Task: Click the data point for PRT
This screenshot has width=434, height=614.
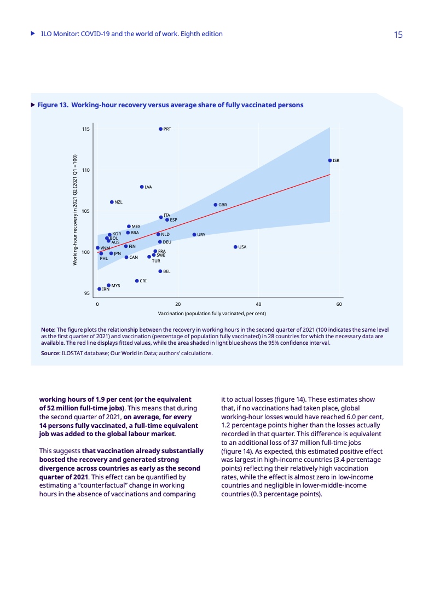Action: [x=160, y=129]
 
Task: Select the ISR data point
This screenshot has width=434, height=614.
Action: [x=330, y=160]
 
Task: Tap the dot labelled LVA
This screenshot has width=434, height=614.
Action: [x=142, y=187]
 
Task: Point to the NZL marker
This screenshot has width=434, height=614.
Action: [x=112, y=202]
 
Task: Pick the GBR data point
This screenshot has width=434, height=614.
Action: [x=216, y=205]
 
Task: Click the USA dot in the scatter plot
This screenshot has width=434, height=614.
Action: [x=235, y=247]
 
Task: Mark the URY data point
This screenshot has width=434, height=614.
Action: [x=194, y=234]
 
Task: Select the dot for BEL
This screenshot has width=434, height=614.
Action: [x=160, y=271]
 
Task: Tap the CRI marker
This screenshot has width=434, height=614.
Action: [x=137, y=281]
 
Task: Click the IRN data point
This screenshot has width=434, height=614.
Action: [x=99, y=289]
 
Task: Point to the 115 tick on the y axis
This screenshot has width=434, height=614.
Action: [x=86, y=129]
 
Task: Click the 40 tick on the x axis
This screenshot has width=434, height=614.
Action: [x=258, y=304]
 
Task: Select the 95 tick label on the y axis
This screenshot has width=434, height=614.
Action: [x=87, y=293]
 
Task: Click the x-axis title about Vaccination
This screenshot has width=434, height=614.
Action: [x=212, y=314]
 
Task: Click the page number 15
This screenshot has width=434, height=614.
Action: [x=398, y=34]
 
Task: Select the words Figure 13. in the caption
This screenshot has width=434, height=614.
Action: [x=53, y=105]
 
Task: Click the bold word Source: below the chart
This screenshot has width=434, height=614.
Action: [x=50, y=354]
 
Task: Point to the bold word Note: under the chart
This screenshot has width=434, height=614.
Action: [x=48, y=329]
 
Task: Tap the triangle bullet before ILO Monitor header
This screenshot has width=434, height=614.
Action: [x=33, y=34]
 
